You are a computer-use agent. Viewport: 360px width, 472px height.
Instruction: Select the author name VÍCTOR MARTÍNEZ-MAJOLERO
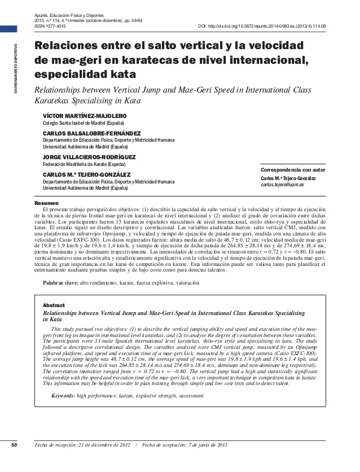(x=85, y=116)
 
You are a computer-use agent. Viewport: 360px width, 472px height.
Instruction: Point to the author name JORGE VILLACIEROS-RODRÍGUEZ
(x=89, y=157)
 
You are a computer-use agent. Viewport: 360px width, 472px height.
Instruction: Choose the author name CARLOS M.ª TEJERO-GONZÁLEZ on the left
(x=86, y=175)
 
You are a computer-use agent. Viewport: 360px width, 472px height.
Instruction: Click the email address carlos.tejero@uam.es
(x=282, y=185)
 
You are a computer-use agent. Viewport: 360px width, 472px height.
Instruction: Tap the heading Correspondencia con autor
(x=293, y=170)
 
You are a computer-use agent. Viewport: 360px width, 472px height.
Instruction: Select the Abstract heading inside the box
(x=54, y=305)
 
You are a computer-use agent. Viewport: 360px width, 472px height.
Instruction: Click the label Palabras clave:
(x=61, y=281)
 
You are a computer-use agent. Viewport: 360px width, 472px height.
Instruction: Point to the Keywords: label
(x=63, y=396)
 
